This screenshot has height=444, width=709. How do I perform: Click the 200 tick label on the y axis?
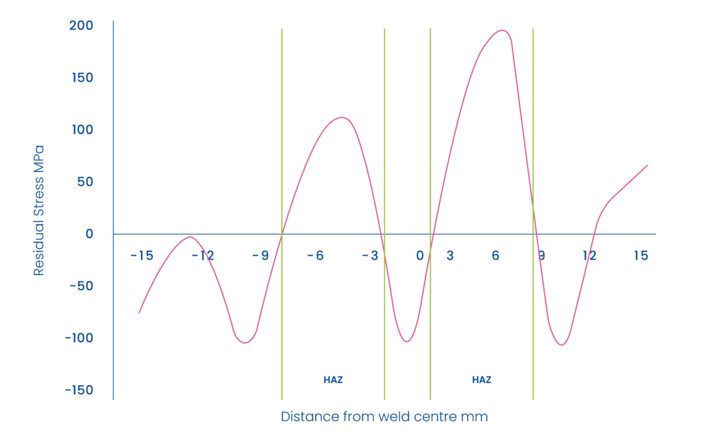tap(81, 26)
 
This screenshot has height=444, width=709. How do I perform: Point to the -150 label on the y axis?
tap(79, 390)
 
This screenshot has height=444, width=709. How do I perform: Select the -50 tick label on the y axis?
tap(81, 286)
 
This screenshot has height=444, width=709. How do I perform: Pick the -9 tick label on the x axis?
tap(260, 256)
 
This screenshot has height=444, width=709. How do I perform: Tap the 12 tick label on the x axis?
tap(590, 256)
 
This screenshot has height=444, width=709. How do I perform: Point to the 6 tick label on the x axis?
tap(496, 256)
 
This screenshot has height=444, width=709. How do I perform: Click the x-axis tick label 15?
tap(640, 256)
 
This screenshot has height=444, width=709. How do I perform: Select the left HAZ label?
tap(333, 380)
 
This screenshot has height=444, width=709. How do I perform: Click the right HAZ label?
tap(482, 380)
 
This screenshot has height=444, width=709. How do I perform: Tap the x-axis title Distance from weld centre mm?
tap(384, 417)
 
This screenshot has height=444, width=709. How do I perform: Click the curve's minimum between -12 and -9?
tap(245, 343)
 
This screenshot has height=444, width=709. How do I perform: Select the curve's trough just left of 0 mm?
tap(406, 341)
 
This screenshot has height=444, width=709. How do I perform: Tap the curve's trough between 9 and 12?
tap(562, 345)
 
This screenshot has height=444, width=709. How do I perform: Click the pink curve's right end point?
tap(648, 165)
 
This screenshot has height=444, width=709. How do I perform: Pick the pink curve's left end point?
tap(139, 313)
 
